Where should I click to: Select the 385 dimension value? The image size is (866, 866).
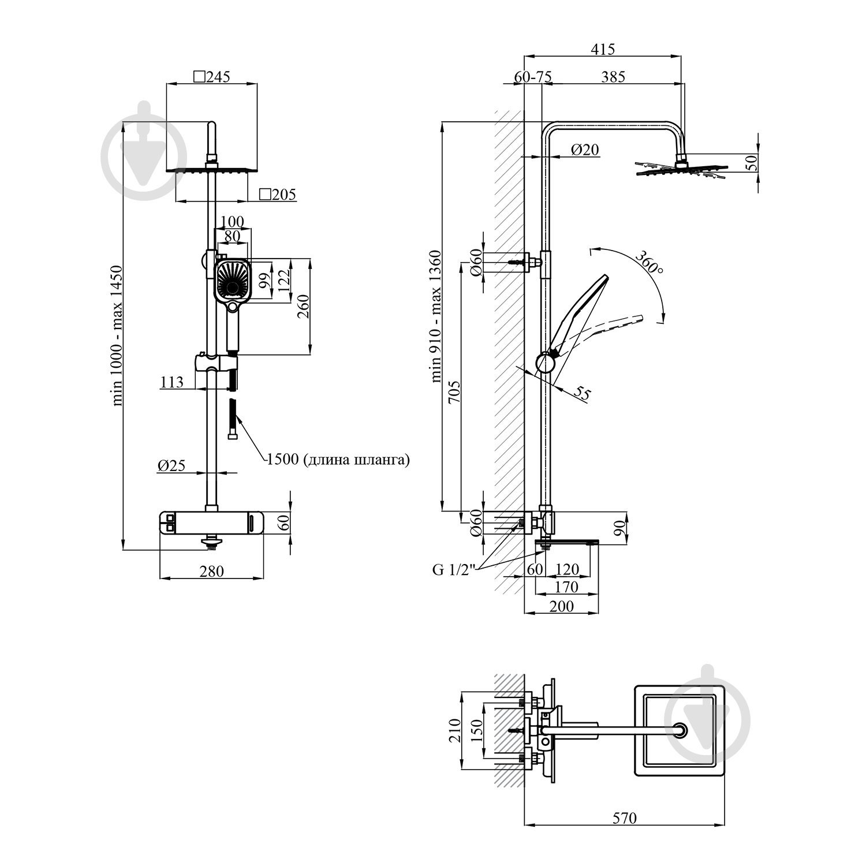[x=613, y=76]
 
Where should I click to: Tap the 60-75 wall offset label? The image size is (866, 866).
[x=532, y=76]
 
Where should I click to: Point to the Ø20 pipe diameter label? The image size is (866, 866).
[x=585, y=150]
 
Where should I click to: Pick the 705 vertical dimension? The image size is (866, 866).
[x=453, y=393]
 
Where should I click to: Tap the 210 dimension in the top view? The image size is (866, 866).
[x=454, y=730]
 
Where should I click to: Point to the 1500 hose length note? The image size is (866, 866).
[x=338, y=460]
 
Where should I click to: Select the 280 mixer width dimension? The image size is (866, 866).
[x=212, y=571]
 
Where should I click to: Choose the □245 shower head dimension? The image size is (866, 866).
[x=211, y=76]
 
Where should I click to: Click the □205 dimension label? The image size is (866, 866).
[x=277, y=195]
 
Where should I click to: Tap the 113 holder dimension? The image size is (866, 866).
[x=172, y=382]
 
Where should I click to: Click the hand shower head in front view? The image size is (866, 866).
[x=233, y=281]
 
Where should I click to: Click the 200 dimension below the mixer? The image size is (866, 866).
[x=561, y=606]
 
